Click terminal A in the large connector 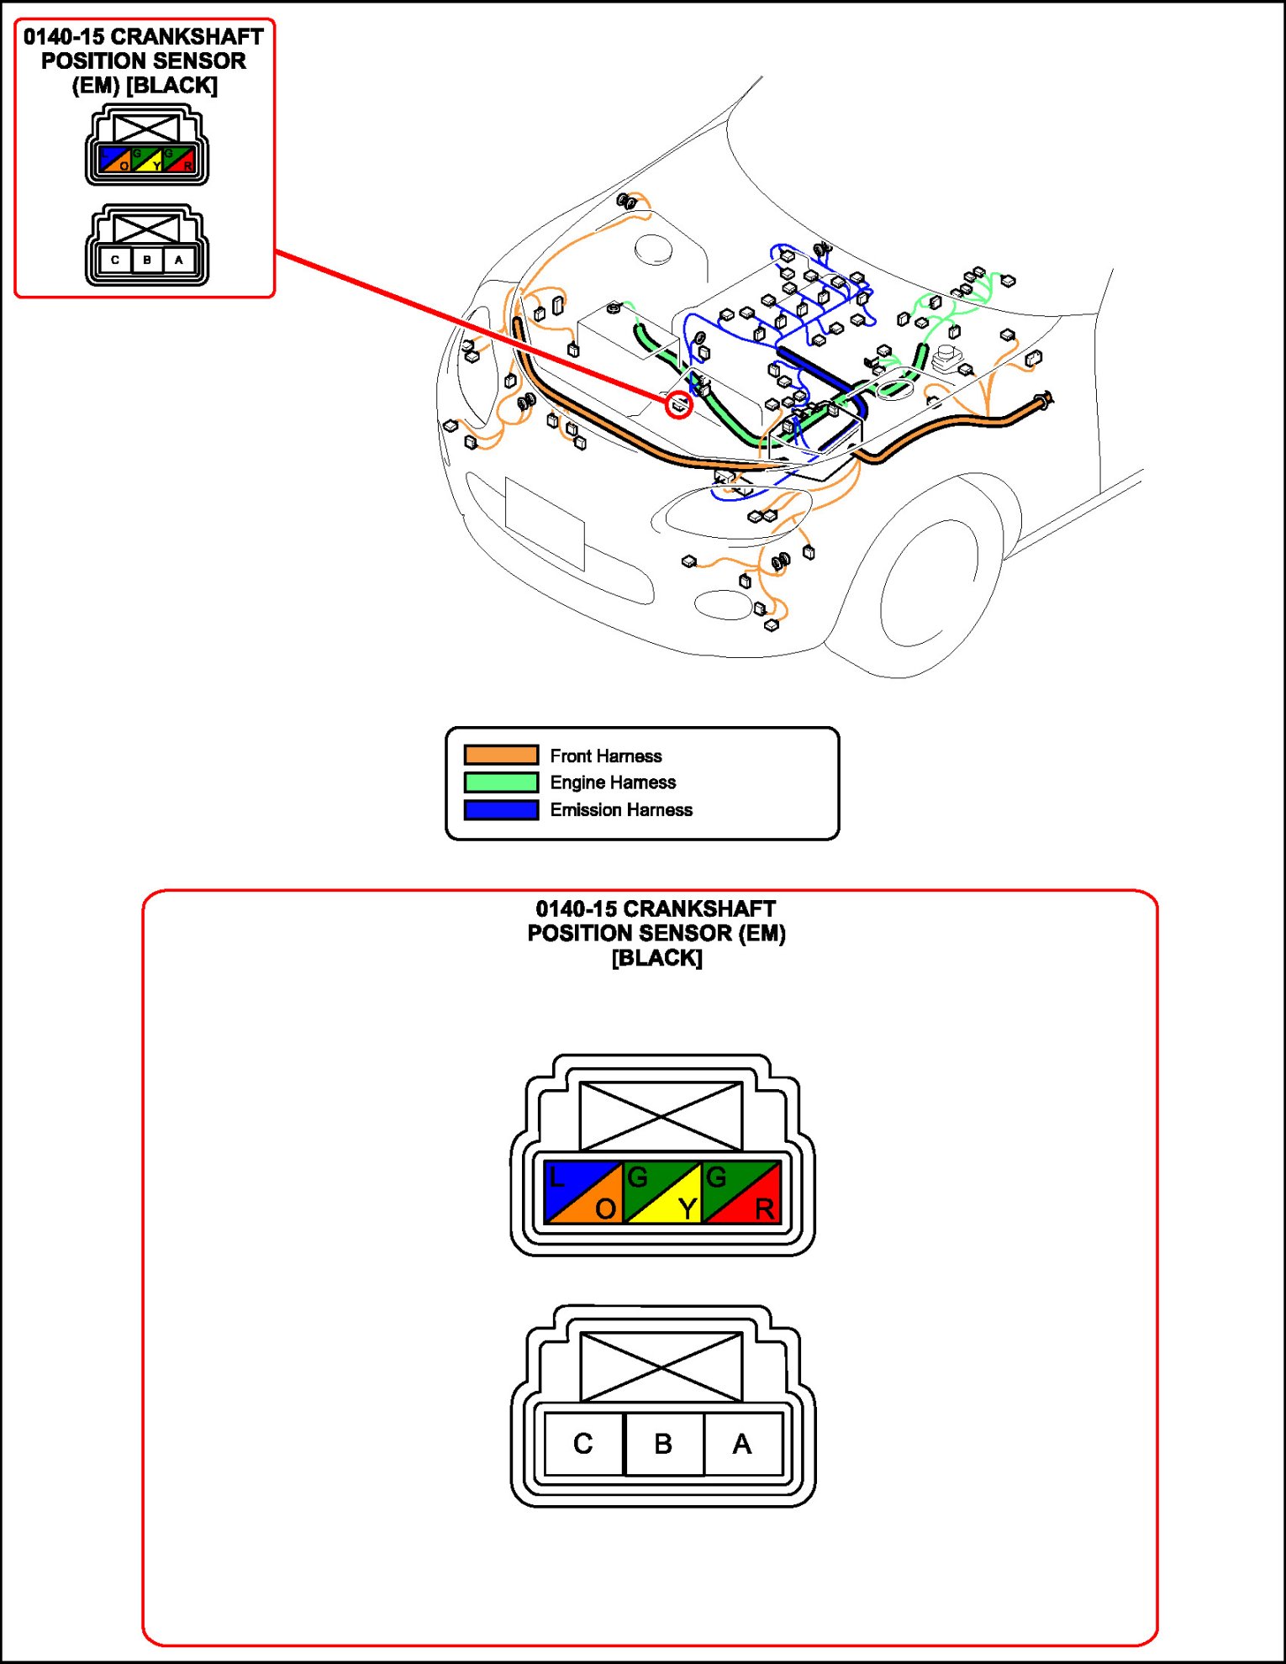742,1444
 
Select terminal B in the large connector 663,1444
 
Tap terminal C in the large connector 583,1444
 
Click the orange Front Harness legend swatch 501,755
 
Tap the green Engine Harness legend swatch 501,782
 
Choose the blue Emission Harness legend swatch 501,810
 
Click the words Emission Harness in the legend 621,810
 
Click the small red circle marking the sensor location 679,406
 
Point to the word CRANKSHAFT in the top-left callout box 187,37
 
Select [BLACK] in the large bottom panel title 656,958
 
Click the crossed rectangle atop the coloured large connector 661,1116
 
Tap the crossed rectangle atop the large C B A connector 661,1366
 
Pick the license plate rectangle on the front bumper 545,524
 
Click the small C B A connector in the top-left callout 147,246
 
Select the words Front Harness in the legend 605,756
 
